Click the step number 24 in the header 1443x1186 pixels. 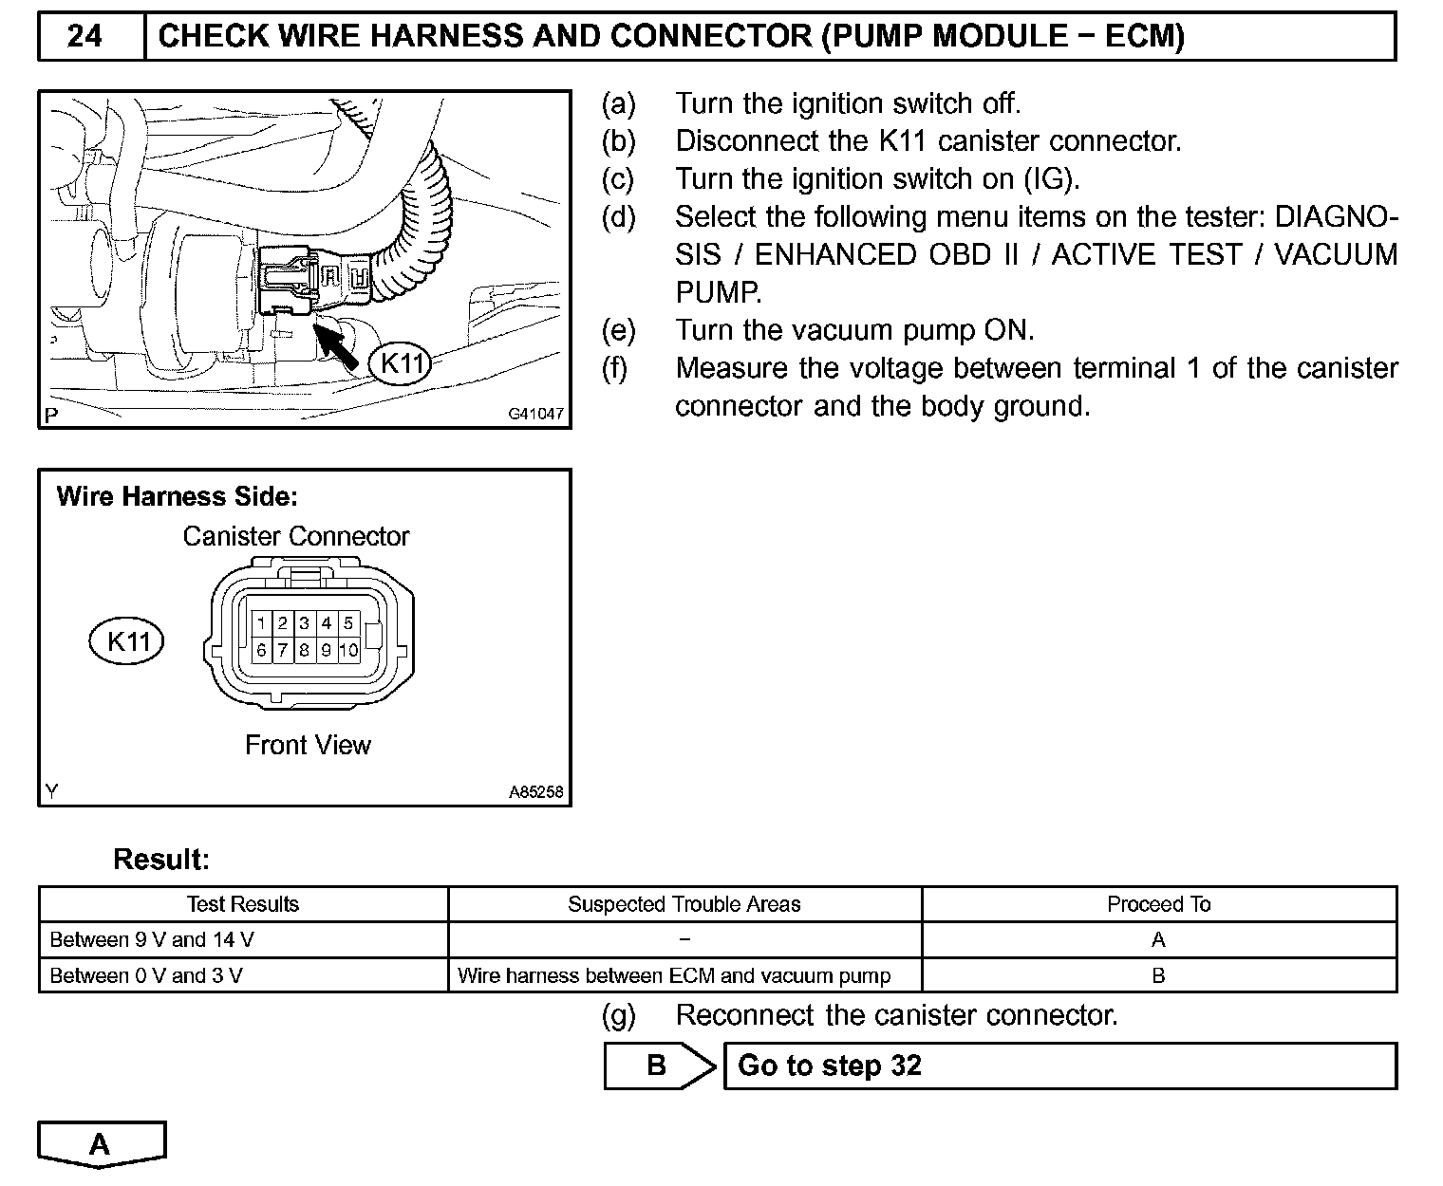(x=85, y=36)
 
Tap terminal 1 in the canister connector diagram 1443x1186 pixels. (x=261, y=623)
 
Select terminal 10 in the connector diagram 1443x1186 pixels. (x=348, y=651)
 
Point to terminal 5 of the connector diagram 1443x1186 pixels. (x=348, y=623)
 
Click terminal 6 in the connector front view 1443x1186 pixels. (x=261, y=651)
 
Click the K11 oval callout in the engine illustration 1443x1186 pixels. (x=400, y=363)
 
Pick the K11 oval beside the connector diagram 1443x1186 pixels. (x=126, y=641)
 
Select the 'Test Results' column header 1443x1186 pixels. (x=243, y=904)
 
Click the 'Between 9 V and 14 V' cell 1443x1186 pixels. (x=152, y=940)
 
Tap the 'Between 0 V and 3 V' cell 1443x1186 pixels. (x=146, y=975)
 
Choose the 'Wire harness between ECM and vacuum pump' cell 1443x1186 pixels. (x=674, y=975)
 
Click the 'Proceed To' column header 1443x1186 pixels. (x=1158, y=904)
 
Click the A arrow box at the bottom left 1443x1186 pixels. (x=101, y=1144)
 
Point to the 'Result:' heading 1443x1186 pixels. (x=160, y=860)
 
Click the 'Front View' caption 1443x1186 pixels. (x=308, y=745)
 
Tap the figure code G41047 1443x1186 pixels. (x=535, y=415)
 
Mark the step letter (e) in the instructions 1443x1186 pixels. (x=618, y=330)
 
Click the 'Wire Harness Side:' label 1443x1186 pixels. (x=177, y=496)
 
